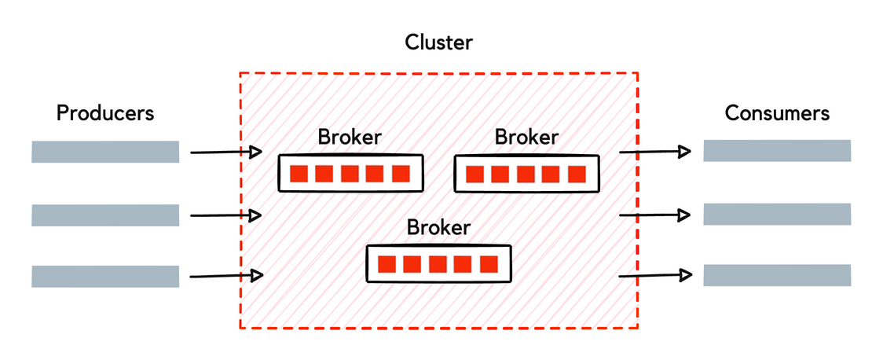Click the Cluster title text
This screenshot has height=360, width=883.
tap(438, 42)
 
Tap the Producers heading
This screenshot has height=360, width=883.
tap(105, 113)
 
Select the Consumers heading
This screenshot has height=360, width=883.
tap(776, 113)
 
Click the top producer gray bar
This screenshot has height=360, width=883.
tap(105, 152)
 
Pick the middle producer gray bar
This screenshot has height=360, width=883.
tap(105, 215)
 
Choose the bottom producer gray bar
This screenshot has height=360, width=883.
tap(105, 276)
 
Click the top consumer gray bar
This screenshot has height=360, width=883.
tap(776, 151)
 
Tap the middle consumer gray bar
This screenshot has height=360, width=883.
tap(776, 214)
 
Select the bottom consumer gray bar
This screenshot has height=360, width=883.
tap(776, 275)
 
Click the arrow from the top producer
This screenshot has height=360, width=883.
tap(226, 152)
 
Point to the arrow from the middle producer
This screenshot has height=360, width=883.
tap(226, 215)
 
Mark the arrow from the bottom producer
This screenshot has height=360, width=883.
tap(226, 275)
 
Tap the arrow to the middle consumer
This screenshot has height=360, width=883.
tap(655, 214)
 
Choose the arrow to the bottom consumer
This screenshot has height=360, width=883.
tap(655, 275)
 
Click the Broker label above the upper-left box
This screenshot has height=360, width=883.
tap(350, 137)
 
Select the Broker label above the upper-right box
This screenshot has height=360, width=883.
tap(526, 137)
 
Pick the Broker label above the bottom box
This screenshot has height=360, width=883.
tap(438, 228)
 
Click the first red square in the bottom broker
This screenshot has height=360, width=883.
tap(387, 264)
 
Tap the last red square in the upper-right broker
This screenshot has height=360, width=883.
tap(577, 174)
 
